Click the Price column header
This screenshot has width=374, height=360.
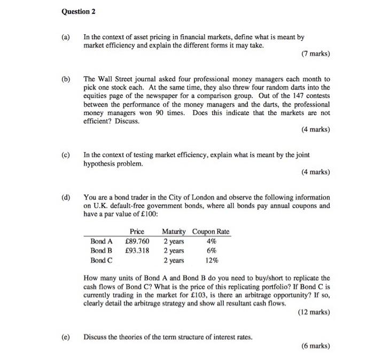click(137, 231)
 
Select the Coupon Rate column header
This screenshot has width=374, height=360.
click(211, 231)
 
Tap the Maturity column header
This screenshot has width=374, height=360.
click(174, 231)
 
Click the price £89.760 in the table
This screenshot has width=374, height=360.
click(137, 241)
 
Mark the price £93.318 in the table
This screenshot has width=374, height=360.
click(137, 251)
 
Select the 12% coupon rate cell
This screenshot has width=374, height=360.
click(212, 261)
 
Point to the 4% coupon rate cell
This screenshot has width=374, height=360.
click(212, 241)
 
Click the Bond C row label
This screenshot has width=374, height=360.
click(101, 261)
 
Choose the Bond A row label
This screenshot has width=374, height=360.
click(101, 241)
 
